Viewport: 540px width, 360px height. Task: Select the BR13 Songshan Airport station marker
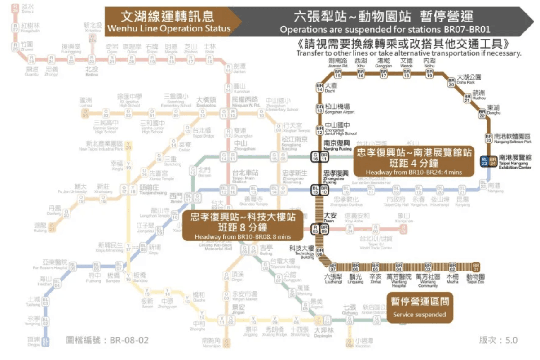coord(320,108)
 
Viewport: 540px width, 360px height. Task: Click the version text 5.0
coord(499,340)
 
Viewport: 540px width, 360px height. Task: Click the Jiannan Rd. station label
coord(338,62)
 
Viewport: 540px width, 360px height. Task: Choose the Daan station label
coord(330,217)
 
